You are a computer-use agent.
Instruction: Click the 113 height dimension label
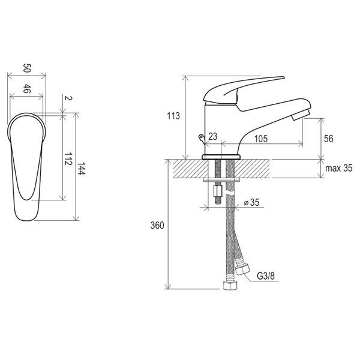173,116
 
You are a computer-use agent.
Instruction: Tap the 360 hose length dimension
157,226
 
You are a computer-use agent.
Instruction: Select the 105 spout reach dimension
261,139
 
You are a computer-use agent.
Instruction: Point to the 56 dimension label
328,139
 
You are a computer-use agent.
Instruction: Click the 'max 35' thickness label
338,168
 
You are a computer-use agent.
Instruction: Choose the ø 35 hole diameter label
251,202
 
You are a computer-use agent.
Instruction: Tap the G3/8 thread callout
266,276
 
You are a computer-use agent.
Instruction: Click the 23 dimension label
212,136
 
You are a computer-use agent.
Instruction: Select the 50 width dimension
27,68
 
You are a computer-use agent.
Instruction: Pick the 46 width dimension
27,89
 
